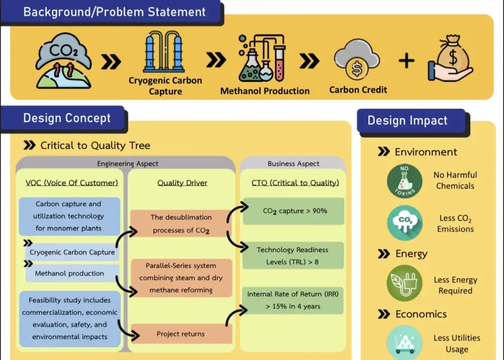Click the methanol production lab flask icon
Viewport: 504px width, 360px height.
point(263,58)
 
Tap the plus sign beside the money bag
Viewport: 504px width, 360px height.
point(406,61)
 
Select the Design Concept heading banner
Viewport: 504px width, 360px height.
point(67,118)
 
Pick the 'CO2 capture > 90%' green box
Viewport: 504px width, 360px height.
point(293,211)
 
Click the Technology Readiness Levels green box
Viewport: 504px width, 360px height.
point(293,256)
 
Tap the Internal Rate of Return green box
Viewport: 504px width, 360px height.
point(293,300)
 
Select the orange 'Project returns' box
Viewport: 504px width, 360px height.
point(181,334)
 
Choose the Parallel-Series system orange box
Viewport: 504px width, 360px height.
point(181,278)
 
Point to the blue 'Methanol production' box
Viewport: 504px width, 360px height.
point(70,273)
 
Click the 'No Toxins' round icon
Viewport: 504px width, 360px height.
point(404,181)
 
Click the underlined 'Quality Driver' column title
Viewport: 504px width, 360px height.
point(182,183)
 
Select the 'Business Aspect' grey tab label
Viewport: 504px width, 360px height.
point(293,164)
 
